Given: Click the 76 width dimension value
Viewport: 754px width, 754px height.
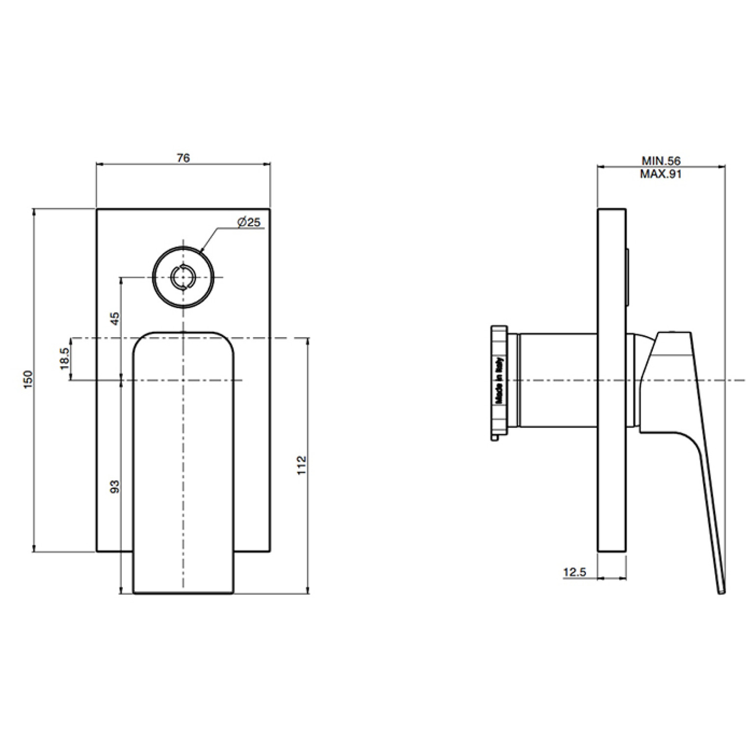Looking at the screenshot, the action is point(183,158).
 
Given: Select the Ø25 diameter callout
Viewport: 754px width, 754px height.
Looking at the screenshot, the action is point(248,222).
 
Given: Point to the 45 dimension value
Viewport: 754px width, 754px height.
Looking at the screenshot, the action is point(114,318).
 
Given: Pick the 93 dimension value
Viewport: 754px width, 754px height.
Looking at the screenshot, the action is point(114,487).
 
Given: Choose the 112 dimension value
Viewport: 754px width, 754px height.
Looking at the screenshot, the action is point(302,465).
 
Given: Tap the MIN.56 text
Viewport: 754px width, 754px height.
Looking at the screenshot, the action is point(661,161).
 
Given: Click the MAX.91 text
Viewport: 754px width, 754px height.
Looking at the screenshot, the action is point(661,174).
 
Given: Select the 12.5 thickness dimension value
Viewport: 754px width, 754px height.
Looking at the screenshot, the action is point(575,572).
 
